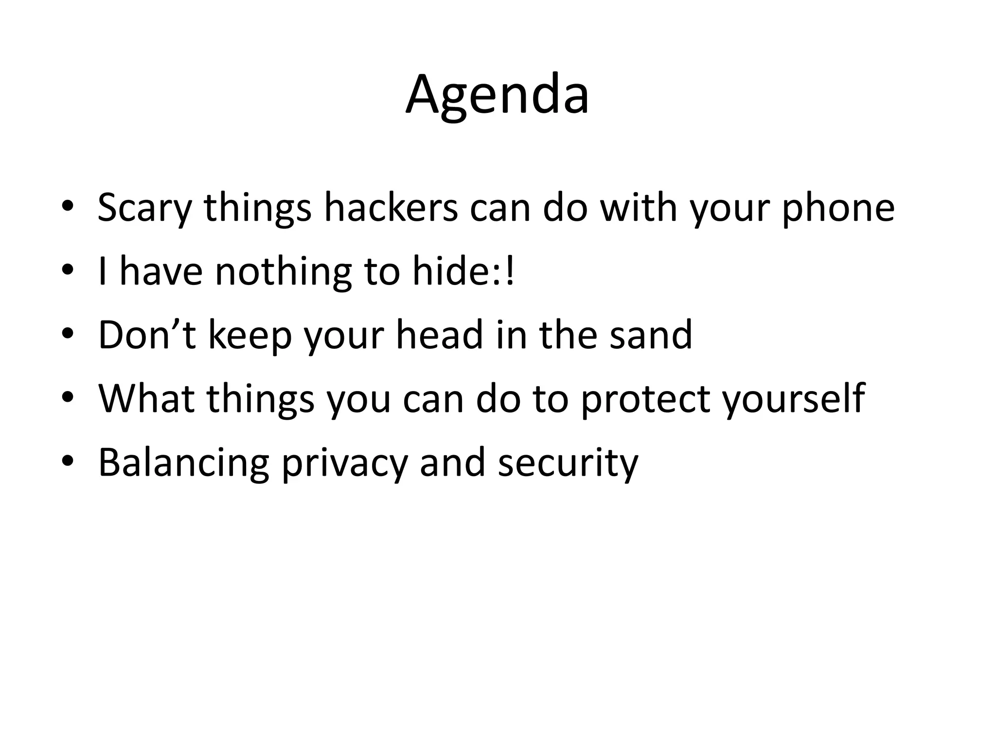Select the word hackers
391,208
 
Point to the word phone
838,208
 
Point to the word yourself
793,399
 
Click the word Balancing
183,462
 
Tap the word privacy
344,462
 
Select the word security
568,462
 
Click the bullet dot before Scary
68,206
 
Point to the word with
639,208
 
